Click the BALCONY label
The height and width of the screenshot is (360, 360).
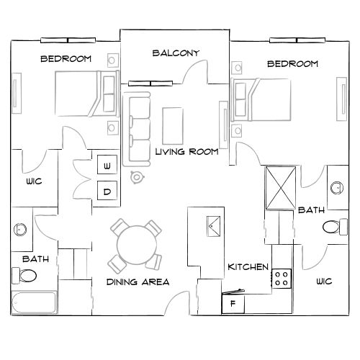click(x=176, y=53)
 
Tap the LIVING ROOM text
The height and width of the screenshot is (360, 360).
click(x=187, y=151)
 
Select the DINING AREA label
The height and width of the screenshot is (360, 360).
click(x=138, y=282)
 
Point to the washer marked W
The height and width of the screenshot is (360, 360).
click(x=107, y=166)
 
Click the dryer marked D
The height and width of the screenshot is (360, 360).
click(x=107, y=191)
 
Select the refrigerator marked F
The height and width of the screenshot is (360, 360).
click(x=233, y=304)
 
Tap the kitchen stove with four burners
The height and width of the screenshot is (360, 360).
click(x=281, y=278)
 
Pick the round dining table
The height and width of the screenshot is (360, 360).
click(x=135, y=242)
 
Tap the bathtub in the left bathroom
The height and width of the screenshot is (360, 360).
click(x=34, y=303)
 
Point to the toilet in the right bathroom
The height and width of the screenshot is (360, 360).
click(x=333, y=228)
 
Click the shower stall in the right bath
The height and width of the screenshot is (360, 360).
click(x=280, y=186)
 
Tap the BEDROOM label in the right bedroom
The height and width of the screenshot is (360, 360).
click(x=292, y=64)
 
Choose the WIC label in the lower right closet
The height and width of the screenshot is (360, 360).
click(x=323, y=282)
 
